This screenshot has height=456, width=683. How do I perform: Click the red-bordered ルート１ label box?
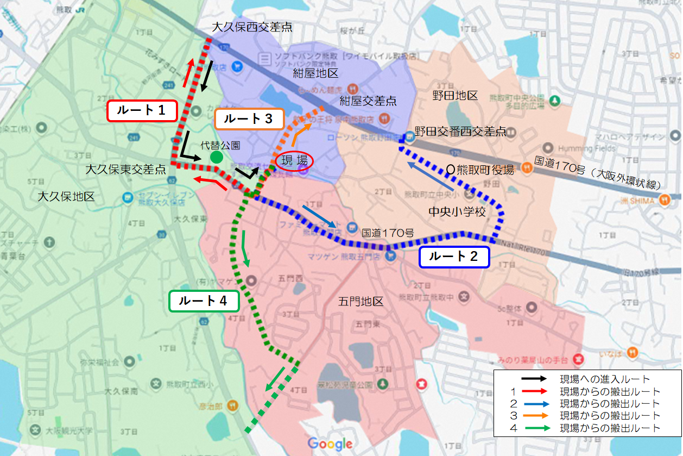click(x=143, y=110)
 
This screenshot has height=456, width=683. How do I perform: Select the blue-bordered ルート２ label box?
click(x=454, y=257)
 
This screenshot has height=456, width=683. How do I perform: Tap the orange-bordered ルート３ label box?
click(x=249, y=119)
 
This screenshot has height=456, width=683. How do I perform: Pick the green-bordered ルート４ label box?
click(x=204, y=301)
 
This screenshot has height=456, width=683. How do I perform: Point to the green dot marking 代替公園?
click(x=217, y=158)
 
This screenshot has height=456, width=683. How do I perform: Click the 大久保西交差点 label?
click(x=252, y=27)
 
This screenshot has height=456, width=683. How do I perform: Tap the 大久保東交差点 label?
click(x=126, y=170)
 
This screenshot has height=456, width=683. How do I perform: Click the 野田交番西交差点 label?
click(x=460, y=132)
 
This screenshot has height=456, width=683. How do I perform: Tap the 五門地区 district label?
click(x=361, y=301)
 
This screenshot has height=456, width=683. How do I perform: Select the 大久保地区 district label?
click(x=66, y=196)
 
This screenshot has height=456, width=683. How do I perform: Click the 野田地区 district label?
click(x=455, y=96)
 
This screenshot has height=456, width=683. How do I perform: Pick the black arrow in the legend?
click(x=534, y=379)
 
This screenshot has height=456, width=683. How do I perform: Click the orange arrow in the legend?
click(x=534, y=416)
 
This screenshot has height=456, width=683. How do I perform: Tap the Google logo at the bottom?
click(x=330, y=443)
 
